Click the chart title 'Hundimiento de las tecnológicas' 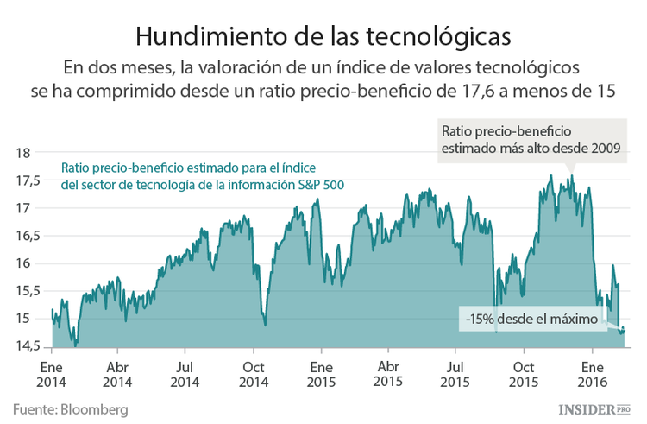click(323, 35)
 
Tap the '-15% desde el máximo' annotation click(531, 320)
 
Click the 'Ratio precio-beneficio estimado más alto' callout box click(531, 139)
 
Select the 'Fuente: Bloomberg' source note click(70, 408)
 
